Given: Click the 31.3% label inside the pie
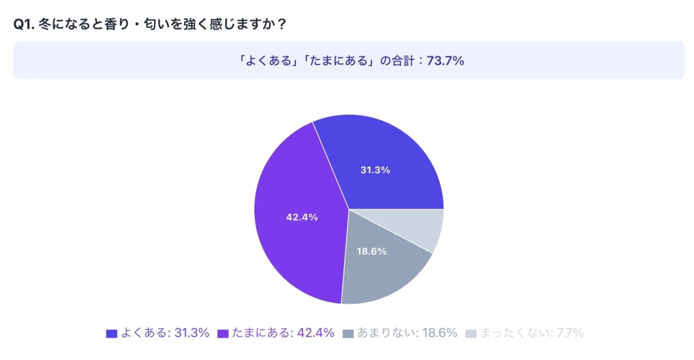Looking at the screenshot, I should coord(375,170).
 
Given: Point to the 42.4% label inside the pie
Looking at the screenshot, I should coord(302,217).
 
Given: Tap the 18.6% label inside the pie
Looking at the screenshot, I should coord(371,252).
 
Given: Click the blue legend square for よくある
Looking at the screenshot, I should coord(112,334).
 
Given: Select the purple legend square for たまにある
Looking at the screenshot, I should coord(222,334).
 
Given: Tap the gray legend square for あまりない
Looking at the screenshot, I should coord(348,334).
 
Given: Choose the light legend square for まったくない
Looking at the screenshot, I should coord(471,334).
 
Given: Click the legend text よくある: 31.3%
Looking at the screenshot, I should coord(164,333).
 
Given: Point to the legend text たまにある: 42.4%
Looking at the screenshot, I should coord(283,333).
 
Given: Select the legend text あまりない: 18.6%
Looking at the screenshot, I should coord(407,333).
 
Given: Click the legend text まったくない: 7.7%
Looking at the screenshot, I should coord(531,333).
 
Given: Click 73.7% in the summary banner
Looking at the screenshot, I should coord(445,61).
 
